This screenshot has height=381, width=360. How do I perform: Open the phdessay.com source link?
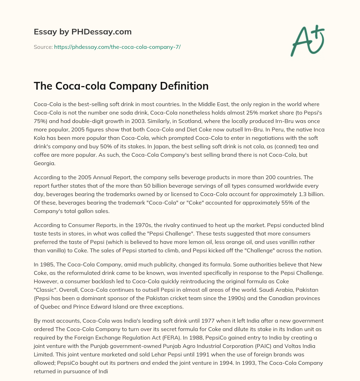[x=117, y=47]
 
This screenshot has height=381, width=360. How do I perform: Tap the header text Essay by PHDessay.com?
[x=83, y=32]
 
